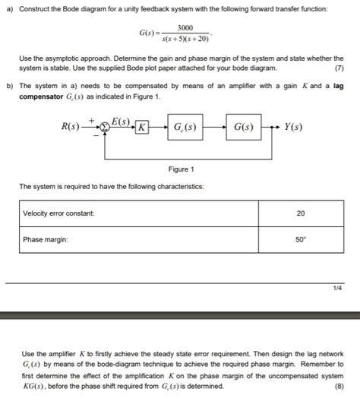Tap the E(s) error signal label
[x=123, y=121]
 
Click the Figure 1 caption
[x=181, y=169]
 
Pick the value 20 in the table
[x=300, y=213]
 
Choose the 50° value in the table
[x=300, y=240]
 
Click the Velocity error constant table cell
[x=58, y=213]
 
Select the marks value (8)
[x=338, y=384]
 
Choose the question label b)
[x=8, y=87]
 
